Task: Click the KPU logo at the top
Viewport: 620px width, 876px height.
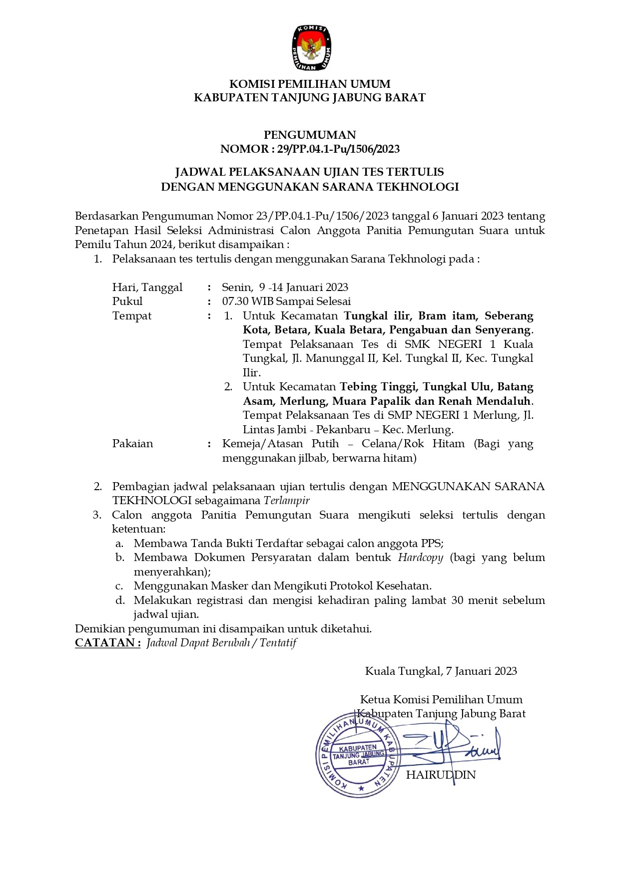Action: (x=310, y=48)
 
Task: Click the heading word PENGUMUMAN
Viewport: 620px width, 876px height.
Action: (x=310, y=135)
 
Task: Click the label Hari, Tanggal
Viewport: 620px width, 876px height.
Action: (x=147, y=287)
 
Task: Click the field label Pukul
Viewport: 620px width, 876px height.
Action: (x=127, y=301)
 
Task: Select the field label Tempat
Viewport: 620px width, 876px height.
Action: (x=132, y=315)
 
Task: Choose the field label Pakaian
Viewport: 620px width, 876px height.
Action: (x=132, y=443)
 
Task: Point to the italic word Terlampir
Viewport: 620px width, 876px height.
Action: (x=287, y=500)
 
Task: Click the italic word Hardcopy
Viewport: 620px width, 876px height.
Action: (x=421, y=557)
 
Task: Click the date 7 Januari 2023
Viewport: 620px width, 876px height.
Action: (x=481, y=671)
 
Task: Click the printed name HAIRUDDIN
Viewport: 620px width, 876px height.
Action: (x=441, y=775)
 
